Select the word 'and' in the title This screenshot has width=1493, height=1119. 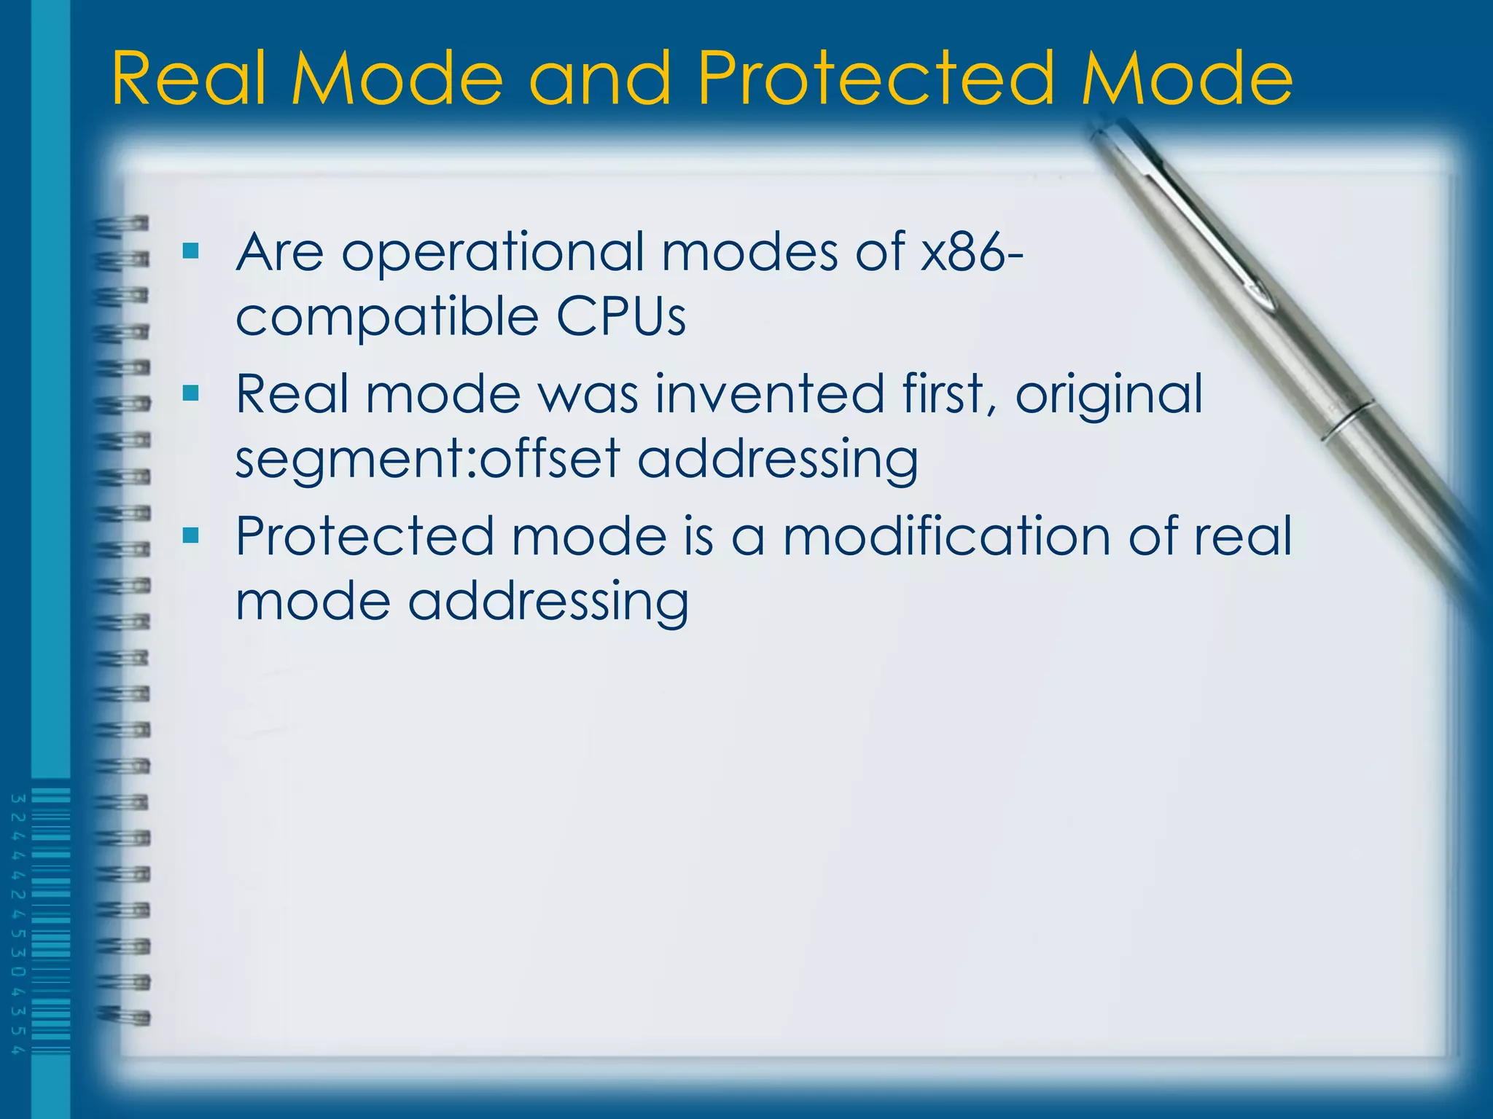tap(599, 78)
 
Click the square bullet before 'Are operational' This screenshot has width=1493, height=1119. tap(191, 251)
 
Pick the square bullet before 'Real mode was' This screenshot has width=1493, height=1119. tap(191, 394)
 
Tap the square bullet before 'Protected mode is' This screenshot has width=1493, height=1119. tap(191, 536)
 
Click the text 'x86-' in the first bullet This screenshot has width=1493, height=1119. tap(971, 251)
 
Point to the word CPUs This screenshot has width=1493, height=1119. tap(621, 317)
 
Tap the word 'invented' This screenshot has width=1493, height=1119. tap(770, 394)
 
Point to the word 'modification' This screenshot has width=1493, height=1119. tap(946, 536)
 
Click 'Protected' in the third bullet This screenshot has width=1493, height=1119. tap(364, 536)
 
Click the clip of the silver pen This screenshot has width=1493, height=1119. tap(1203, 219)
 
